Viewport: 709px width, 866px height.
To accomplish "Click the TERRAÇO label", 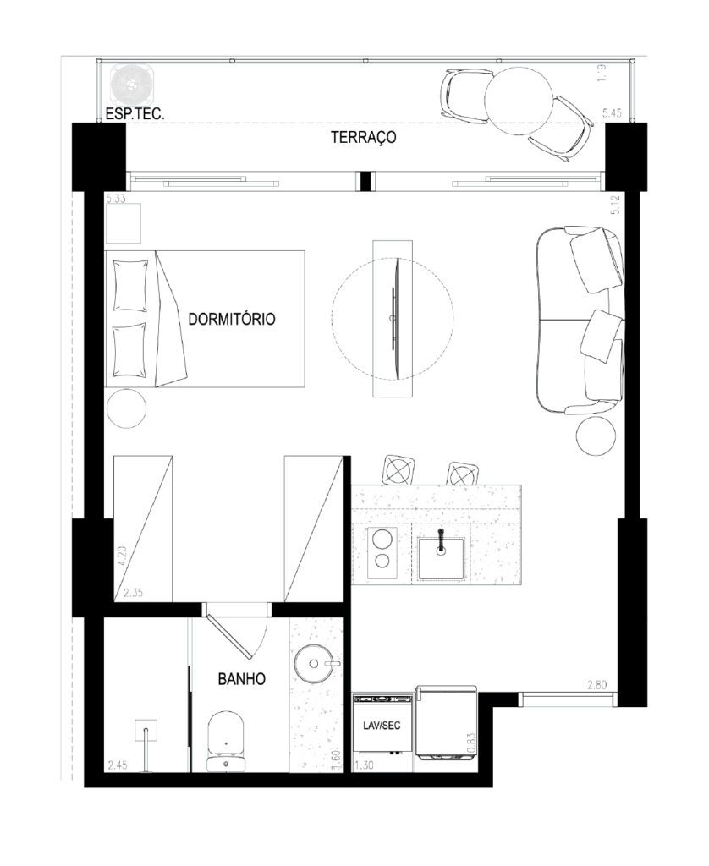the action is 363,137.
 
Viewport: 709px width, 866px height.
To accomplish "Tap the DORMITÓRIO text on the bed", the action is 232,319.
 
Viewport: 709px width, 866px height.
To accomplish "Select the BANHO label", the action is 241,679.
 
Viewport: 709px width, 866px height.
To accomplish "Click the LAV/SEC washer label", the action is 382,725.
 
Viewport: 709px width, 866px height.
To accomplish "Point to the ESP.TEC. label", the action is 135,114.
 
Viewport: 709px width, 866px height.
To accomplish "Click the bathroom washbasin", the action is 316,663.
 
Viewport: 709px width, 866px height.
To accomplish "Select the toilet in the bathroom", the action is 226,741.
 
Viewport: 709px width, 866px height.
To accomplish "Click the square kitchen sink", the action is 441,558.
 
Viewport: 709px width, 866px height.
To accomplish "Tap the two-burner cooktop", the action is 382,552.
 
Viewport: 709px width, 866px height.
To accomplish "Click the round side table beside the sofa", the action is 596,436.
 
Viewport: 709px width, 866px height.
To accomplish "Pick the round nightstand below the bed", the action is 127,408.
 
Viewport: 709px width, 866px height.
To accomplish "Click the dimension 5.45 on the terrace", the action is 612,113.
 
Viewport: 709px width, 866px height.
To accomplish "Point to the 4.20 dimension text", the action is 122,556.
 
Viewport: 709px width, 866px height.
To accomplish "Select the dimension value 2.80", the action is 596,685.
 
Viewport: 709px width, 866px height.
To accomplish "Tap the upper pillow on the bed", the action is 130,286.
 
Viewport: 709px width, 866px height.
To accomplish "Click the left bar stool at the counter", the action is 398,470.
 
